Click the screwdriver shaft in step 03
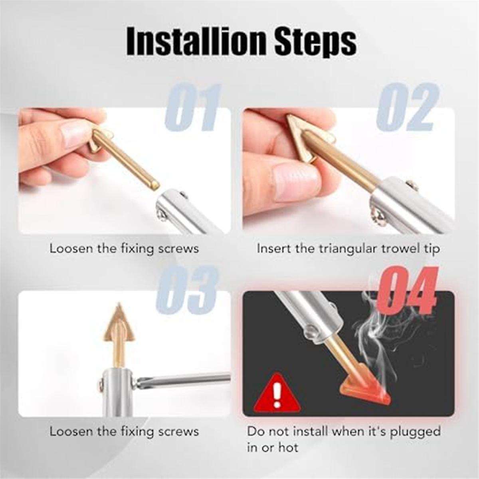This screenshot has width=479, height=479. tap(188, 380)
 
